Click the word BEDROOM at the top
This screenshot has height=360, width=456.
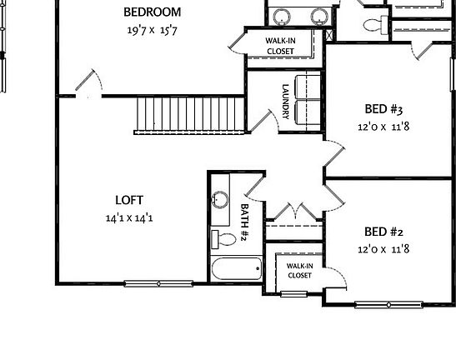153,12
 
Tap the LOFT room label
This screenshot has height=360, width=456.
129,200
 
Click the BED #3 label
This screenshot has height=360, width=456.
383,109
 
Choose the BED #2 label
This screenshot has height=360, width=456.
383,232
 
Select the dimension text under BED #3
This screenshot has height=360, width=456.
383,127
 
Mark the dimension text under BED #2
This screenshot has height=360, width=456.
383,249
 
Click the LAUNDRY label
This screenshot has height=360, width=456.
285,102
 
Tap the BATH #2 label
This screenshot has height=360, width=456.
246,222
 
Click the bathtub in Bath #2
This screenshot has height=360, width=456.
238,270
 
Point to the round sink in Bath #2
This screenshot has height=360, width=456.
221,199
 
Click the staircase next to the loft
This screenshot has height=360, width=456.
189,114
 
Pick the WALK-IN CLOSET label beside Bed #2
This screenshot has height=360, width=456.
299,270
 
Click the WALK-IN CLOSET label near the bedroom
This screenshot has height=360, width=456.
280,45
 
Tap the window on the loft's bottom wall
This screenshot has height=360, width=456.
158,284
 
